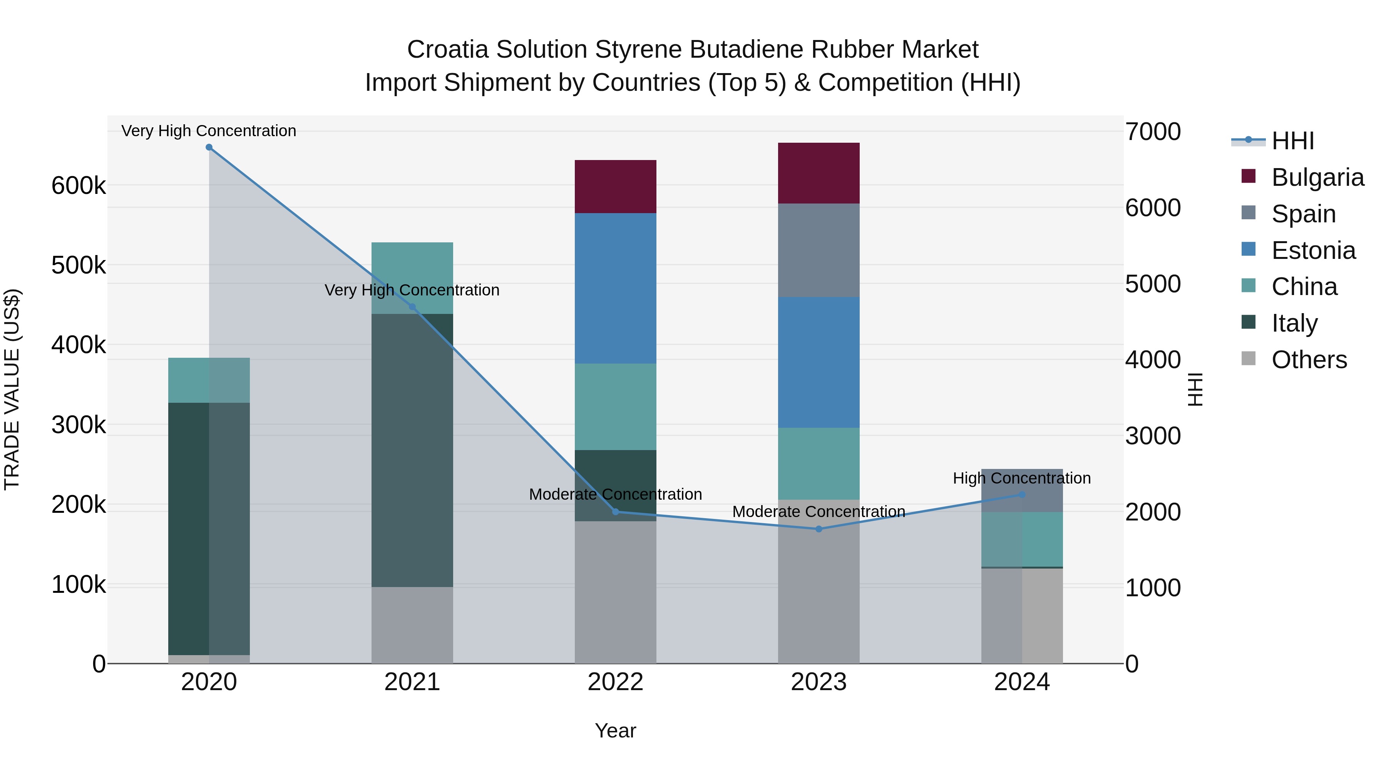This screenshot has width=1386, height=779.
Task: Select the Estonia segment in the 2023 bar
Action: [819, 362]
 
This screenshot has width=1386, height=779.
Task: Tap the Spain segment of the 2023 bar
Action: [819, 250]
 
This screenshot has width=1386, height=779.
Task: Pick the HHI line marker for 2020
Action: [209, 147]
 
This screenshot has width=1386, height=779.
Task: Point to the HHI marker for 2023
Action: [819, 529]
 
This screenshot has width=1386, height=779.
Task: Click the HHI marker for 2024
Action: [1022, 495]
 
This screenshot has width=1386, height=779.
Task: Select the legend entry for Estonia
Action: [1313, 250]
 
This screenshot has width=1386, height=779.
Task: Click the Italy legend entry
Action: [1294, 323]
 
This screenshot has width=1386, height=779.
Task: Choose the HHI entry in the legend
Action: [1292, 141]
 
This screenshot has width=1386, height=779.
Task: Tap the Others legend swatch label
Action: [1309, 360]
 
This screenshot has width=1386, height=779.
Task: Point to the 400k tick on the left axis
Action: [79, 345]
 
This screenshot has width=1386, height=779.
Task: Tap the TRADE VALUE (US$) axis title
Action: [12, 389]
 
